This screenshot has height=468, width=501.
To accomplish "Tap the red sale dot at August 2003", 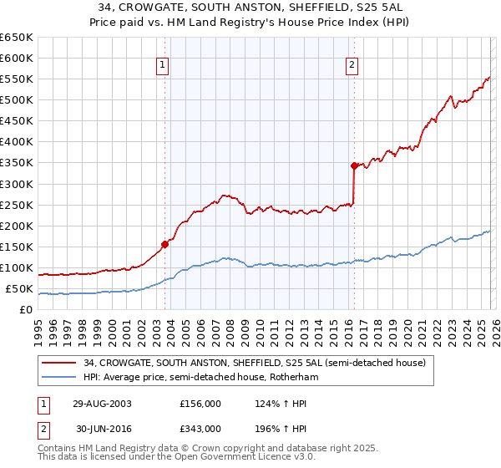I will (165, 244).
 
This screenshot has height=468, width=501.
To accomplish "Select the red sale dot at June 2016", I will (354, 165).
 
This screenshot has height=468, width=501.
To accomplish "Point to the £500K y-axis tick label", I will (17, 100).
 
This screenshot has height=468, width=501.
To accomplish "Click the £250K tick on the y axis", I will (17, 205).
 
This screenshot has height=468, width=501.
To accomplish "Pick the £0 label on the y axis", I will (25, 310).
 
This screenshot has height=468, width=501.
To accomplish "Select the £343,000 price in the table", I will (200, 429).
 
